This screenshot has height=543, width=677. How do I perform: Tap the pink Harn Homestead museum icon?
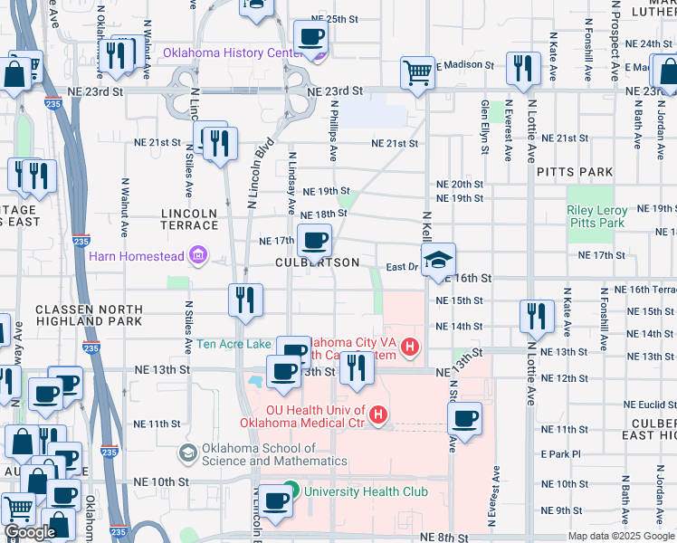point(197,256)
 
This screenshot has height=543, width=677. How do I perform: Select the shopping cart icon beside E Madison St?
point(417,71)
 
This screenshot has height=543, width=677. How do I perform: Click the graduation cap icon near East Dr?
point(438,260)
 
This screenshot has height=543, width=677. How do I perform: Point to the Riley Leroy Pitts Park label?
point(596,216)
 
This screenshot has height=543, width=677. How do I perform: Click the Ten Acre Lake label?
point(234,344)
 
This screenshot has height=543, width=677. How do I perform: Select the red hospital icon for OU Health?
point(378,416)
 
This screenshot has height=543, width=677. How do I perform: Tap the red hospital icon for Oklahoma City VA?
point(410,347)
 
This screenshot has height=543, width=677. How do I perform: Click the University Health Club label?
point(366,492)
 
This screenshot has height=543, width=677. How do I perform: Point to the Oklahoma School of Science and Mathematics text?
point(274,454)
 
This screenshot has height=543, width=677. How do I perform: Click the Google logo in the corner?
point(30,532)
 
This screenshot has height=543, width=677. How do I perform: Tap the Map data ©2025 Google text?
point(621,536)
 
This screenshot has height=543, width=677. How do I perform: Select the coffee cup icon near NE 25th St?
point(310,37)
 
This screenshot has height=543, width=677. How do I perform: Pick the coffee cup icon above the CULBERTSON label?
point(314,241)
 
